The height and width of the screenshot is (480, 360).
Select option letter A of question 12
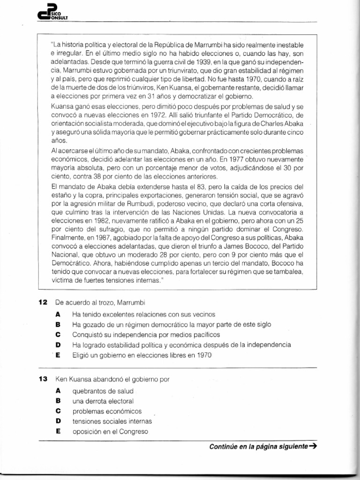coord(58,314)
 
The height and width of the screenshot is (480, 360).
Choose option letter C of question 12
coord(58,335)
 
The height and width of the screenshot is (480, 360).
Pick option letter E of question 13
coord(58,431)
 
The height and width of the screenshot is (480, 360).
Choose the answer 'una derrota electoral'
coord(103,401)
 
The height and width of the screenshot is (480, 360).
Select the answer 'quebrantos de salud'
coord(103,390)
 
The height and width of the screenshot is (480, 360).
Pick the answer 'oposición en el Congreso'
coord(110,431)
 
